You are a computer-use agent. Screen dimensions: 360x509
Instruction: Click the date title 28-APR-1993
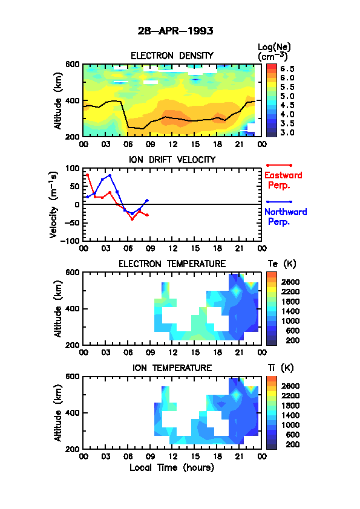175,31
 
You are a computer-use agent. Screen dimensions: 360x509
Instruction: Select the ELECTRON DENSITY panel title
172,56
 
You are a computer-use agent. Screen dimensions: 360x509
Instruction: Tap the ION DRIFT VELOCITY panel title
172,160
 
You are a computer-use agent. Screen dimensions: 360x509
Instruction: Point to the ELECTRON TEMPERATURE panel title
172,264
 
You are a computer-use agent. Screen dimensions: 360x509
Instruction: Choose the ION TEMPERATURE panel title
172,368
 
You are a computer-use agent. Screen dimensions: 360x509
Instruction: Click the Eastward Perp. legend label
283,180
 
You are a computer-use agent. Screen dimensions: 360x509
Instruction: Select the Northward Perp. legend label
286,216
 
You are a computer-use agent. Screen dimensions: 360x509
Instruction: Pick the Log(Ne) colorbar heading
274,52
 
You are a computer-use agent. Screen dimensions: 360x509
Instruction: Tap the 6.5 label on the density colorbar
287,69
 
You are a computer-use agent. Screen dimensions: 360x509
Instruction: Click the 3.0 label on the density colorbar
287,132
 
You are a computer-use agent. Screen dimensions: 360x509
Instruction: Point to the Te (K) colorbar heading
282,264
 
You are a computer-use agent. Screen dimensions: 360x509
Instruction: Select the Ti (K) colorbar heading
281,368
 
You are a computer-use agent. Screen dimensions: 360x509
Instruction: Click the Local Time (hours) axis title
172,467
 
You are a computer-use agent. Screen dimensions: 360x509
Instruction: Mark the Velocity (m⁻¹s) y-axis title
54,204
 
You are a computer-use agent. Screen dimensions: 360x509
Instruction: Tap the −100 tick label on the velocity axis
71,241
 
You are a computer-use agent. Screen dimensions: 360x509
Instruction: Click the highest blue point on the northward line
110,175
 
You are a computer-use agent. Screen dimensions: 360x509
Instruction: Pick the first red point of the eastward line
87,175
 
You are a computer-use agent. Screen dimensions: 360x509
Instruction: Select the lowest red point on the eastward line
133,219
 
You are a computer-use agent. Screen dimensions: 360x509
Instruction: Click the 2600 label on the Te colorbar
290,282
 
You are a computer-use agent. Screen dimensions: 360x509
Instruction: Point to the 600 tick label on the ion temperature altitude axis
72,377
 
